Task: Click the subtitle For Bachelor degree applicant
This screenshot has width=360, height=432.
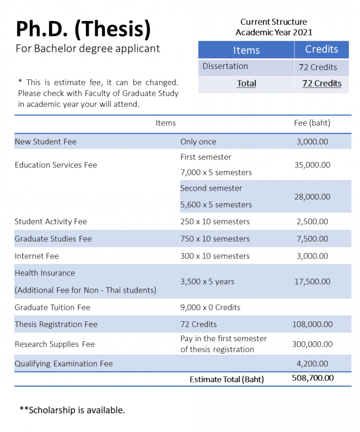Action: pyautogui.click(x=87, y=49)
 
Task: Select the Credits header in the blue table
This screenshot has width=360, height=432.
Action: pyautogui.click(x=321, y=49)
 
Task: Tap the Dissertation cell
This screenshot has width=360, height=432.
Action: pyautogui.click(x=225, y=66)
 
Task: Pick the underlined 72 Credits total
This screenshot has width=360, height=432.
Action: pyautogui.click(x=322, y=83)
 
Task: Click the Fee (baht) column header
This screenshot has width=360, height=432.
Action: pyautogui.click(x=312, y=123)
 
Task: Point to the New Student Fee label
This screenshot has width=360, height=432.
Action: pyautogui.click(x=45, y=141)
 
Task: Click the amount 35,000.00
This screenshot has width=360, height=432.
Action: pyautogui.click(x=312, y=165)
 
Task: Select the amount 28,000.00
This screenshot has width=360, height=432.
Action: pyautogui.click(x=312, y=197)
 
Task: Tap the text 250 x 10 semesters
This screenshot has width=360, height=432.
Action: pyautogui.click(x=215, y=221)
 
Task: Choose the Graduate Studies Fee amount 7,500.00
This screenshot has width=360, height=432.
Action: pyautogui.click(x=312, y=239)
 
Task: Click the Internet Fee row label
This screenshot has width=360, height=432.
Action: pyautogui.click(x=37, y=256)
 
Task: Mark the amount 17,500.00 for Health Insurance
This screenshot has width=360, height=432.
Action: pyautogui.click(x=312, y=281)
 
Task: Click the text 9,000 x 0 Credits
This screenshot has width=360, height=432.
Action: pyautogui.click(x=210, y=307)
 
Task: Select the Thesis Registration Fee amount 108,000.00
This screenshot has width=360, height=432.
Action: pyautogui.click(x=312, y=325)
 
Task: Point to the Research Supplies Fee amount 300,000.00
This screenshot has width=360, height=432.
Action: pyautogui.click(x=312, y=344)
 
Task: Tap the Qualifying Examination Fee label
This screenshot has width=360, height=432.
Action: pyautogui.click(x=64, y=363)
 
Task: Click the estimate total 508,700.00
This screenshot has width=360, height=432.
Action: pyautogui.click(x=313, y=378)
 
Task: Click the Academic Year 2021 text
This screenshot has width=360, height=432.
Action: pyautogui.click(x=274, y=32)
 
